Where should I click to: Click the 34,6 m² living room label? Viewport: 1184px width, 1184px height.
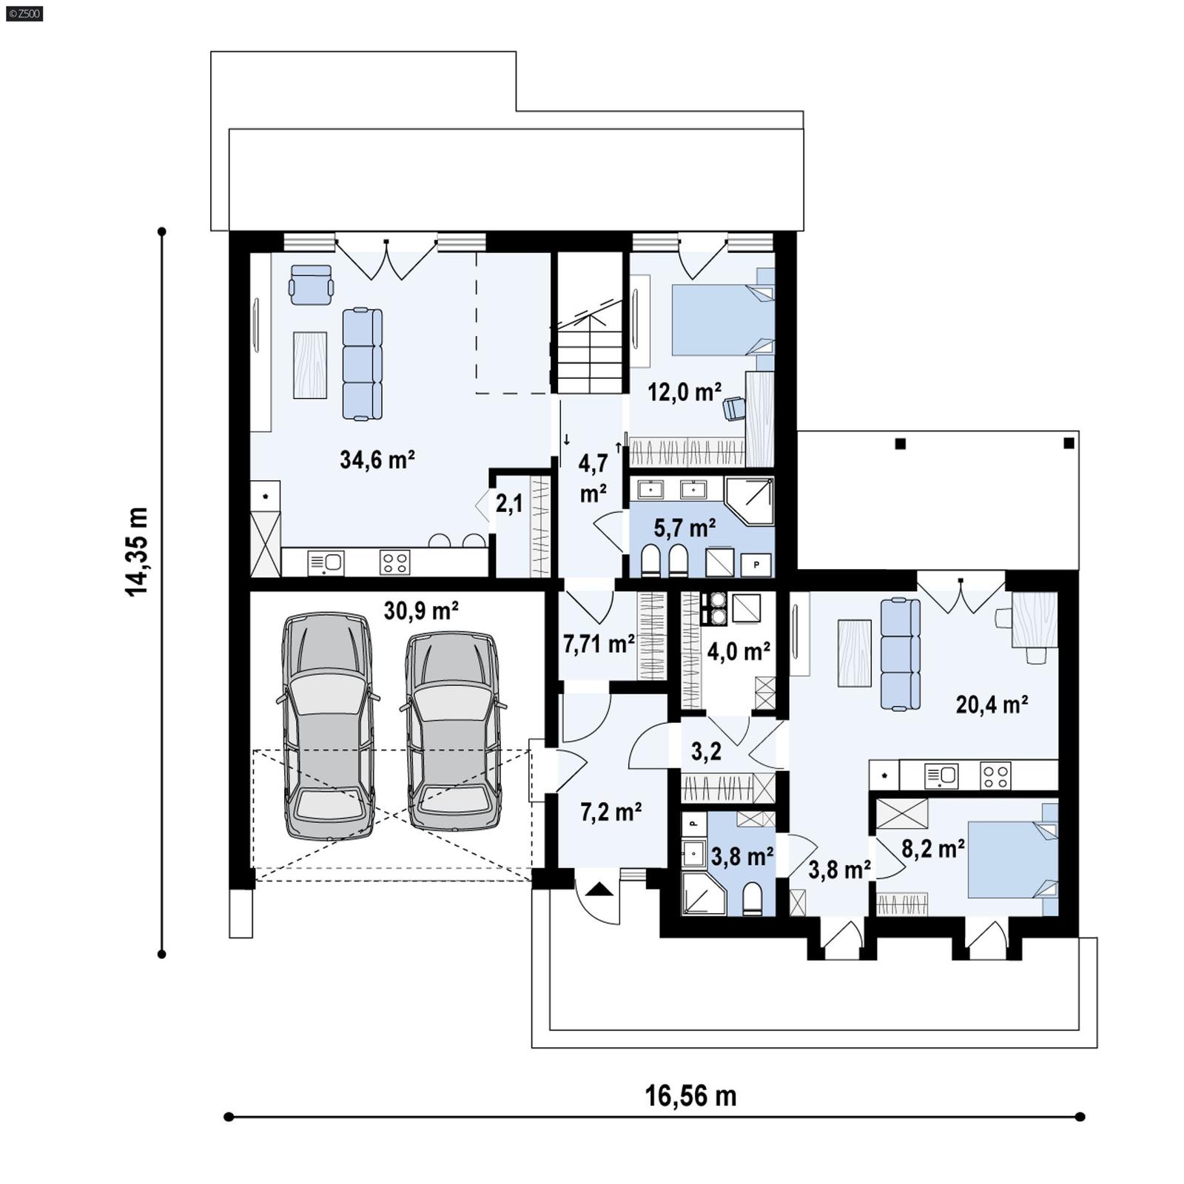tap(377, 460)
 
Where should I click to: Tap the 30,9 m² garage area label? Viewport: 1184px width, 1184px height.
tap(420, 610)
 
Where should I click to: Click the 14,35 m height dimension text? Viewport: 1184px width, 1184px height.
tap(137, 551)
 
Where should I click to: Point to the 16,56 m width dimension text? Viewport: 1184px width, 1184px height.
tap(690, 1096)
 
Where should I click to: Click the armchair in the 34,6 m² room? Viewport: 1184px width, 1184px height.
tap(311, 285)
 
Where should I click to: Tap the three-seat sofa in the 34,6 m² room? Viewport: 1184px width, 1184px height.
tap(363, 364)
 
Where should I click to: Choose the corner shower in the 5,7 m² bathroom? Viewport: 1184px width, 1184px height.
tap(750, 501)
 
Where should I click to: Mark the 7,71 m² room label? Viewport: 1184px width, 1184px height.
tap(599, 644)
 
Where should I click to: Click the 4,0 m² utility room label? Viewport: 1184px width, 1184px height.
tap(739, 651)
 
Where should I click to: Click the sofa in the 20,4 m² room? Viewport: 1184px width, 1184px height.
tap(901, 654)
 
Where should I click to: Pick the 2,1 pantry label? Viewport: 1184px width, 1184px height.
tap(509, 504)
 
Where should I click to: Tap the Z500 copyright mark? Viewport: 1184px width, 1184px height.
tap(23, 13)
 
